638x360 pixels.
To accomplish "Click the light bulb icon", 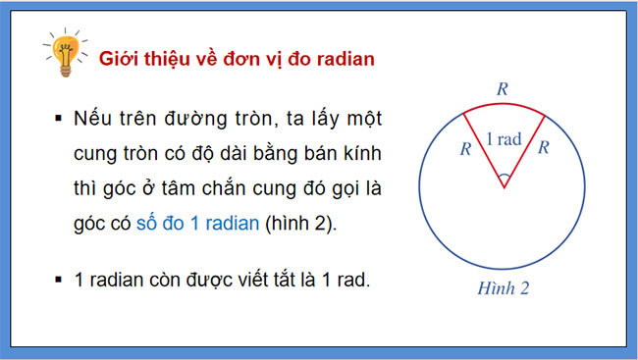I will tap(64, 56).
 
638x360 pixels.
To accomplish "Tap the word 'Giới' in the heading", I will tap(120, 59).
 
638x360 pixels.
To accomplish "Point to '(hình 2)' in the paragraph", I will tap(300, 223).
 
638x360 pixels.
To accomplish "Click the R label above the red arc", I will tap(503, 88).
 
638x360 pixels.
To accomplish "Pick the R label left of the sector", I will tap(465, 149).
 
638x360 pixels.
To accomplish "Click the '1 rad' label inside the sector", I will tap(503, 139).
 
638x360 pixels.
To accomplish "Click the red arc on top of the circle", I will tap(503, 101).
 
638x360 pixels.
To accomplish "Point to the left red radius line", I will tap(484, 147).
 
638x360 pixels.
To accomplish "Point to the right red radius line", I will tap(522, 147).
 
